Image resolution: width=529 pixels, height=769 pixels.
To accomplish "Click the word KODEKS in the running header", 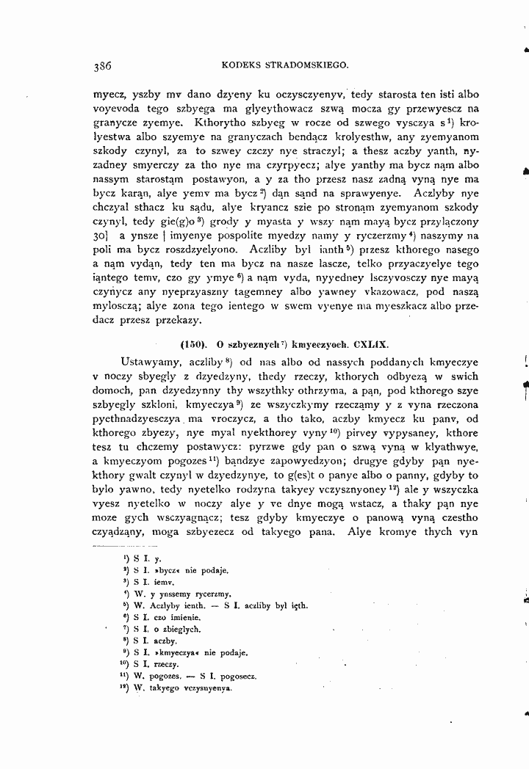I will (241, 65).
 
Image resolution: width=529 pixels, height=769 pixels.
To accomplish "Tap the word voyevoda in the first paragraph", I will (114, 109).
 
